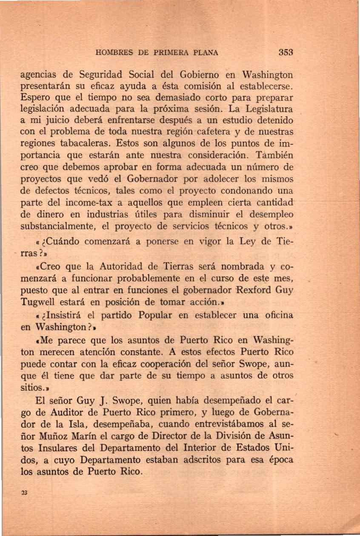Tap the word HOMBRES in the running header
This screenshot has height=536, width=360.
tap(114, 54)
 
